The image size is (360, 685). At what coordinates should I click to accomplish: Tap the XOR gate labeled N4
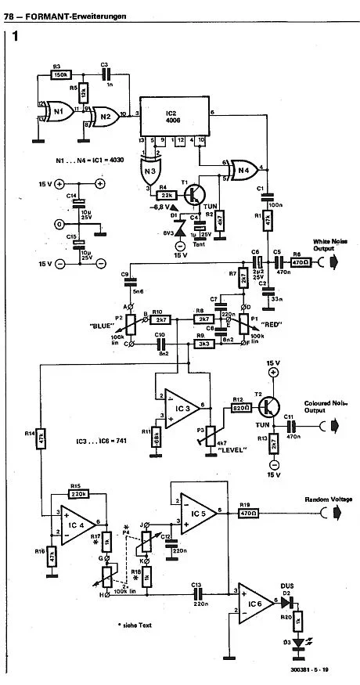pos(243,168)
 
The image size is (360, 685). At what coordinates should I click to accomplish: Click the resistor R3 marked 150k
pos(59,75)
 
